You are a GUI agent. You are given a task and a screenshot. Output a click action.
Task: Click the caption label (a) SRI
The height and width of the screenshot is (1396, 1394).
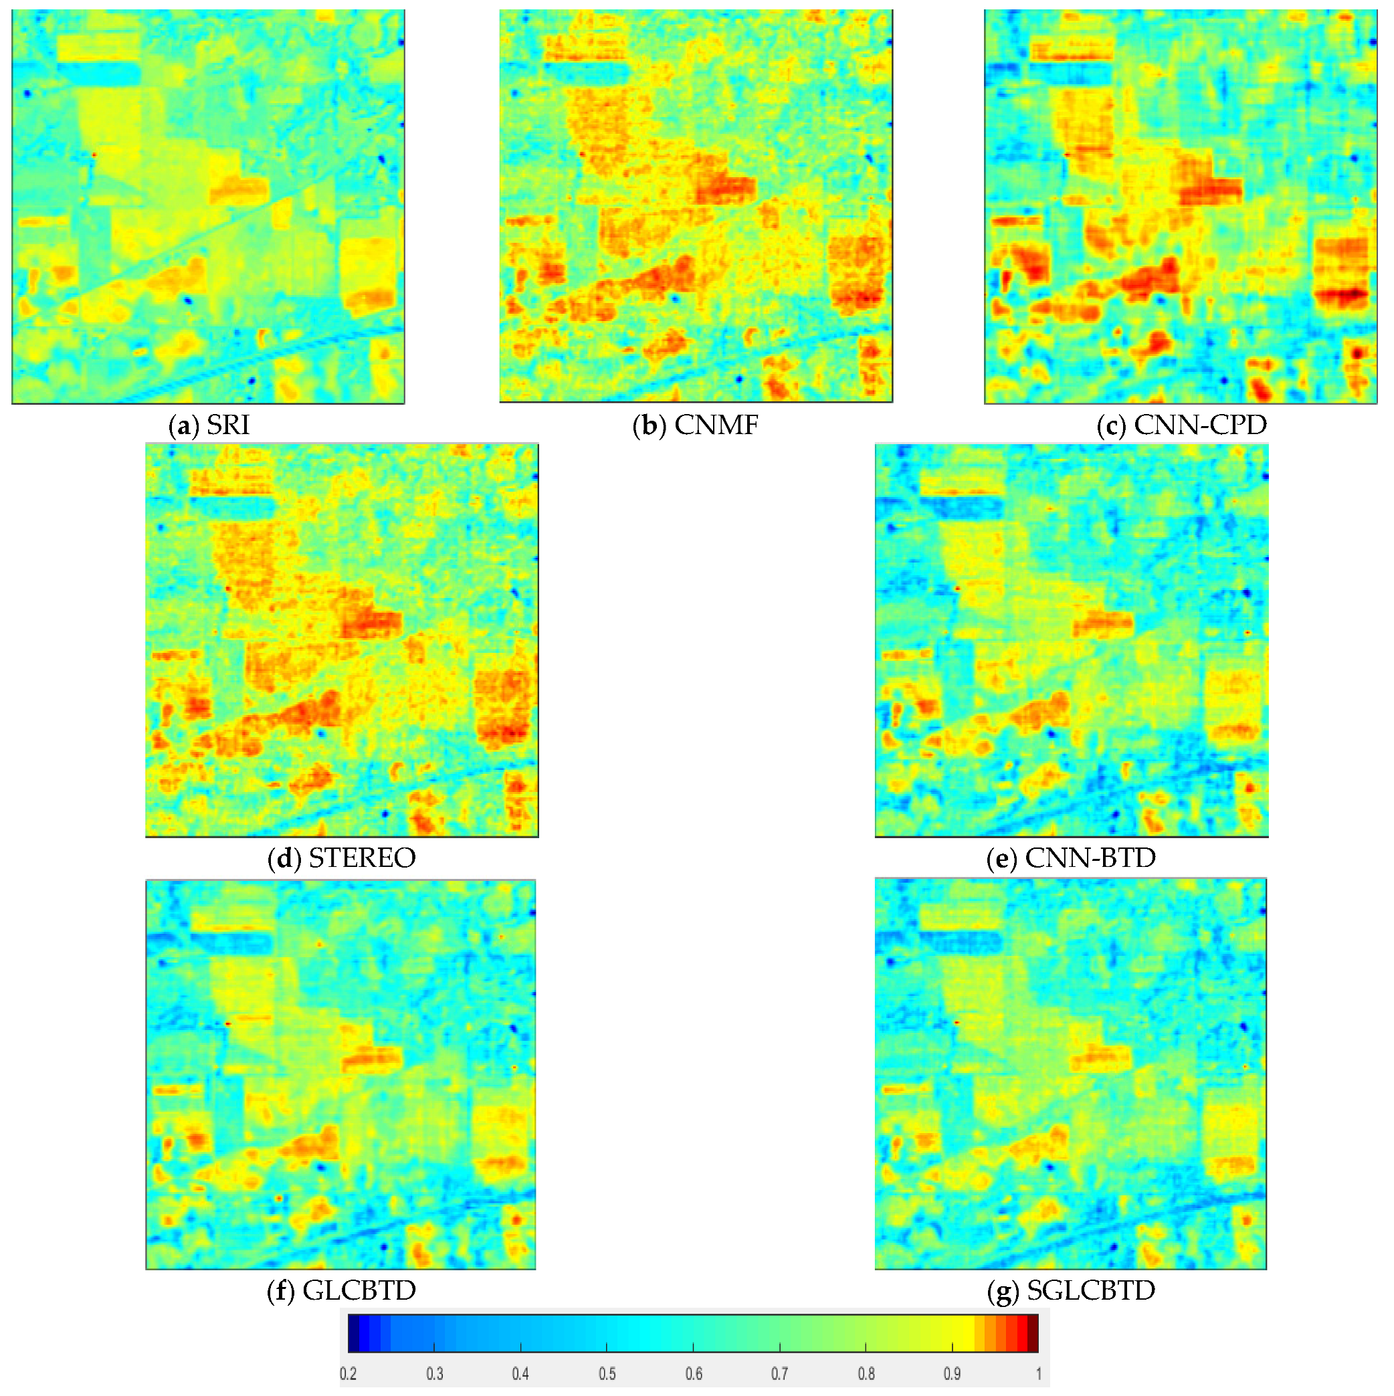209,425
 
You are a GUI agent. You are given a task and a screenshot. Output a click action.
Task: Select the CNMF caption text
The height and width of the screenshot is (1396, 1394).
695,425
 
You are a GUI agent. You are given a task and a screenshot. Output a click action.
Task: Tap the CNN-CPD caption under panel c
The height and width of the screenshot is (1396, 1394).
1181,425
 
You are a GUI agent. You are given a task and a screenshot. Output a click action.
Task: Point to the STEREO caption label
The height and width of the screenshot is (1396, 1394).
341,858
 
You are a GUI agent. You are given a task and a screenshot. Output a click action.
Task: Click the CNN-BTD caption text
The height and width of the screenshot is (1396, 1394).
1071,858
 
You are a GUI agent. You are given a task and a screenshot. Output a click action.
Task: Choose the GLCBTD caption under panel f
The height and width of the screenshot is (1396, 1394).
341,1290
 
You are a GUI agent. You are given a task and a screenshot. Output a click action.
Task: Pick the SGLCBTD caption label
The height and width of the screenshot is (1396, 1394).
1071,1290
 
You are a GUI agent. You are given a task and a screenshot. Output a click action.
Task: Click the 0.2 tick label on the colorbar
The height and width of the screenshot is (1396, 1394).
348,1374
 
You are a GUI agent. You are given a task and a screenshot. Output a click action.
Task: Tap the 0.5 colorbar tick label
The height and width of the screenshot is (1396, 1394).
607,1374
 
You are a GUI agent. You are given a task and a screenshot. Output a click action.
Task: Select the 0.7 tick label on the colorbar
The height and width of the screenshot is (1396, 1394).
780,1374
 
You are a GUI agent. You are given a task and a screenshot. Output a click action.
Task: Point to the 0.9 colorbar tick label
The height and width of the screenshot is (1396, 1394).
953,1374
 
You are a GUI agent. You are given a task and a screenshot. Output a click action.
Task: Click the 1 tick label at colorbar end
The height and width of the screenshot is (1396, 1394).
1038,1374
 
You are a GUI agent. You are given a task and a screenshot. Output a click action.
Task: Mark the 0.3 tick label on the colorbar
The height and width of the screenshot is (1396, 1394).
434,1374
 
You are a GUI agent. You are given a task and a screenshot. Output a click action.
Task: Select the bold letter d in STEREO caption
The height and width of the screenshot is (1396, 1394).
283,858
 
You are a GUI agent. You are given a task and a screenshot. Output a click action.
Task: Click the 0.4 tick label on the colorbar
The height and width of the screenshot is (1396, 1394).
520,1374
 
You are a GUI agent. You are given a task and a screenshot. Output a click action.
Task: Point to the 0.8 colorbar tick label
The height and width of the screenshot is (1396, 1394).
866,1374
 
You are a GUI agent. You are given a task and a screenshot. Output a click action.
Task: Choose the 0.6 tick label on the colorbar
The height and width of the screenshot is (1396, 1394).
694,1374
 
